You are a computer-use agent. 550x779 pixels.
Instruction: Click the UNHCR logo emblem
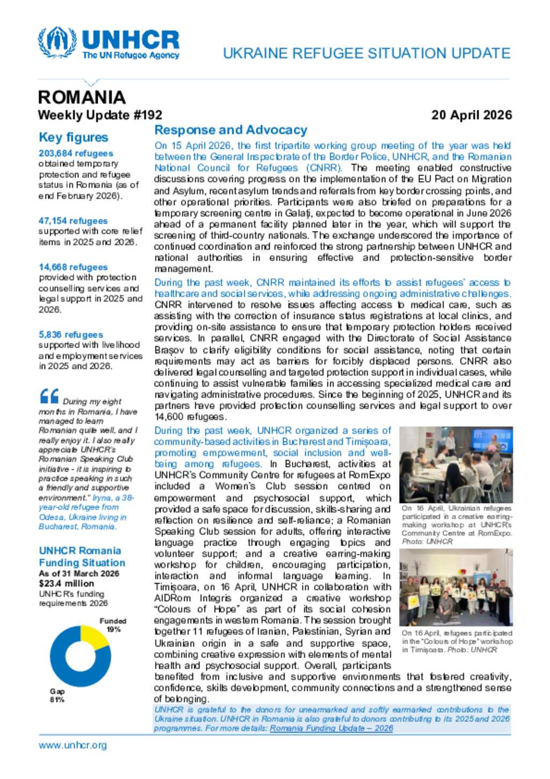click(x=57, y=42)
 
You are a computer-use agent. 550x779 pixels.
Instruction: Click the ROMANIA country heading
click(x=82, y=97)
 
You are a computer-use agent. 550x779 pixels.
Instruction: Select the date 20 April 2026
click(x=471, y=115)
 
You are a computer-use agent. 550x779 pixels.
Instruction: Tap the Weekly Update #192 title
click(x=100, y=115)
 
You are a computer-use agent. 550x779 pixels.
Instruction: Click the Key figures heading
click(x=73, y=138)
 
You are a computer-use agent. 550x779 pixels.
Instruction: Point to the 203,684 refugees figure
click(x=76, y=154)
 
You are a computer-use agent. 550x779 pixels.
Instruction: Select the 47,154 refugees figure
click(x=73, y=221)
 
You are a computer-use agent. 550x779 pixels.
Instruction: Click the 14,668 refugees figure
click(x=73, y=267)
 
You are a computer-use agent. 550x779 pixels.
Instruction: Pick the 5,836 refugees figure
click(x=71, y=334)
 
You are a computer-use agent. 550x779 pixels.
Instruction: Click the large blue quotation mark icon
click(x=49, y=397)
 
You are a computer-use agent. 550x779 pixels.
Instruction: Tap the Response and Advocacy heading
click(x=230, y=130)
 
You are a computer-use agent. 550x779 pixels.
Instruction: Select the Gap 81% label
click(x=57, y=695)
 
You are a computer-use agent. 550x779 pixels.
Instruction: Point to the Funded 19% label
click(x=113, y=625)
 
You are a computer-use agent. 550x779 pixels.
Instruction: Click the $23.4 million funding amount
click(x=66, y=583)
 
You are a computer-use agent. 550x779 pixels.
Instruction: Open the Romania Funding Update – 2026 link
click(x=331, y=728)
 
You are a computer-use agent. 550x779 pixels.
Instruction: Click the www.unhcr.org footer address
click(x=73, y=745)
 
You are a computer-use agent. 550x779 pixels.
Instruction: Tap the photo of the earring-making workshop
click(x=455, y=464)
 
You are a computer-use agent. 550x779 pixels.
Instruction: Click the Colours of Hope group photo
click(x=455, y=587)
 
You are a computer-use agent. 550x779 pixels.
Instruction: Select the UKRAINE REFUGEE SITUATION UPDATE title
click(x=366, y=53)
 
